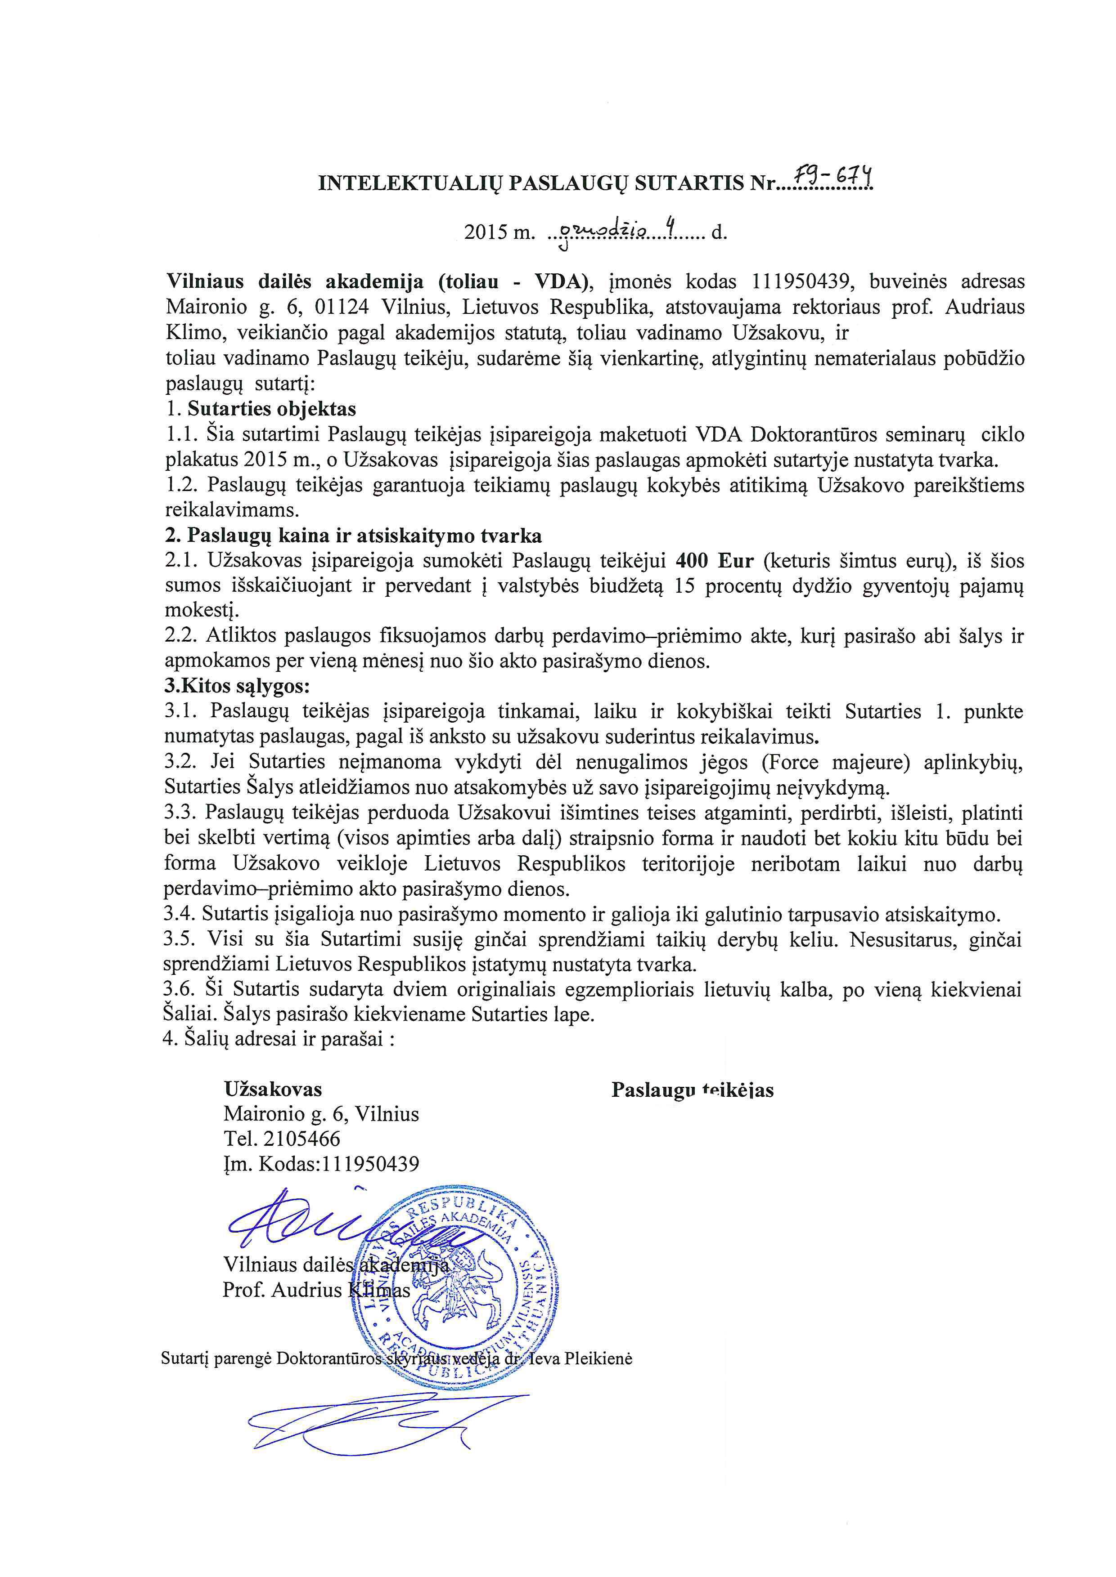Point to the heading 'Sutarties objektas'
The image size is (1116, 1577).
click(271, 409)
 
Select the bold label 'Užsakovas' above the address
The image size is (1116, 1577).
click(273, 1090)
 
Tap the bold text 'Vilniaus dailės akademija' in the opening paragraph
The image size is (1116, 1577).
click(294, 281)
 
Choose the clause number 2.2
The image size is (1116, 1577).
click(181, 636)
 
